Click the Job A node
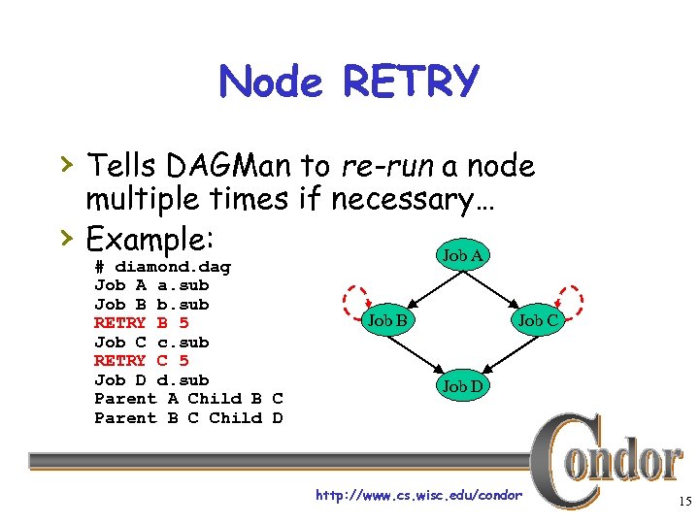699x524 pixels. (x=463, y=256)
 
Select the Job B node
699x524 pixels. (x=388, y=320)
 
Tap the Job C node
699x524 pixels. (x=538, y=320)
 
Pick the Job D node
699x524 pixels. (x=463, y=386)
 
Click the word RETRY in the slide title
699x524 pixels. (x=411, y=82)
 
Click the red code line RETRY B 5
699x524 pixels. (x=141, y=323)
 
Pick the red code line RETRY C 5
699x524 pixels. (x=141, y=361)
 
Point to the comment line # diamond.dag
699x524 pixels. (x=162, y=267)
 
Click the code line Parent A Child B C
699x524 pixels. (x=188, y=399)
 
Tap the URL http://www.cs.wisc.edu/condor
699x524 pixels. (x=418, y=496)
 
